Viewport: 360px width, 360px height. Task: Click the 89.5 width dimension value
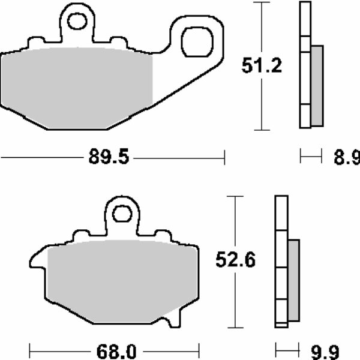tap(109, 158)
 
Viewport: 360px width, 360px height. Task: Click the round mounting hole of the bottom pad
tap(122, 214)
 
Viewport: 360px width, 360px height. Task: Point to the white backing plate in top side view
tap(304, 66)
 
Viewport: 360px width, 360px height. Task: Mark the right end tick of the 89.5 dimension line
tap(224, 158)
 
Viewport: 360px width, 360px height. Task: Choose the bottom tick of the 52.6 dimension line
tap(234, 328)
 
